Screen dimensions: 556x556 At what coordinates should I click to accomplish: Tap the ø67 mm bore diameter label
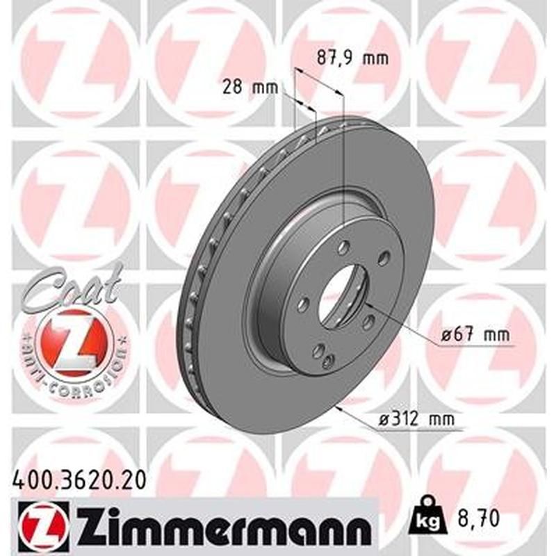tap(475, 336)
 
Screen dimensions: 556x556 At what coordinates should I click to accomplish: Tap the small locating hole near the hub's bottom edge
tap(329, 359)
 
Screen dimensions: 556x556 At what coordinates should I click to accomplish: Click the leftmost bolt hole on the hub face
tap(304, 304)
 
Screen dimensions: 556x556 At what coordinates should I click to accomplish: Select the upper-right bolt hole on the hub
tap(382, 259)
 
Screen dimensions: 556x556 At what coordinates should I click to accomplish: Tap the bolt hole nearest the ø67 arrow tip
tap(369, 321)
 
